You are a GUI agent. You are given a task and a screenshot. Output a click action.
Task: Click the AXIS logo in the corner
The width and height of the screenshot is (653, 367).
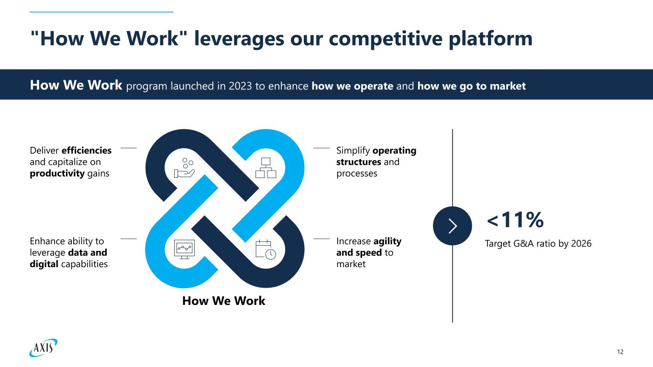(43, 347)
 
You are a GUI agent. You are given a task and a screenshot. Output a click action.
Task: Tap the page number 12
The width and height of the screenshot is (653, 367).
(620, 352)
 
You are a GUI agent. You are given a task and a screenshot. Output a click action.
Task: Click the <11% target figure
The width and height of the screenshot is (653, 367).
(515, 220)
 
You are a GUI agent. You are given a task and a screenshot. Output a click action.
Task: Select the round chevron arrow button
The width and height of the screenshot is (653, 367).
(453, 226)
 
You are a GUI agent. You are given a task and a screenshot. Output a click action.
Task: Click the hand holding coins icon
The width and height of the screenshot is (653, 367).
(184, 167)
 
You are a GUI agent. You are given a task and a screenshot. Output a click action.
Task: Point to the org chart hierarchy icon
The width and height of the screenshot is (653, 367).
(266, 167)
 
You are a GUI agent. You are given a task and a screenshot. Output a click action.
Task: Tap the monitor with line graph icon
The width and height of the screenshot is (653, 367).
(184, 248)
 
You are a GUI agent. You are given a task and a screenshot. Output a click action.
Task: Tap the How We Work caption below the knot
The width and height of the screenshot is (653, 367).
(223, 301)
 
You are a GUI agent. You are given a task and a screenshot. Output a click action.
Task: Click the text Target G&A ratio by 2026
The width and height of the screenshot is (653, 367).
(539, 244)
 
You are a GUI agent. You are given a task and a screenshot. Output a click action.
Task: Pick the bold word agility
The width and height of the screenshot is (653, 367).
(387, 241)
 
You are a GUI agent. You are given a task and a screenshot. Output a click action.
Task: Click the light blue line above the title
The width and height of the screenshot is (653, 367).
(101, 12)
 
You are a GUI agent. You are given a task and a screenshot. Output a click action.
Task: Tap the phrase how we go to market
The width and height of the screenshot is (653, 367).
(471, 86)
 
